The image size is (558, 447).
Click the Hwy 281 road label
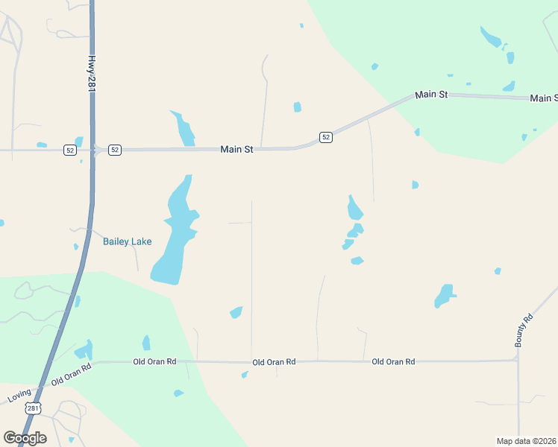(x=92, y=74)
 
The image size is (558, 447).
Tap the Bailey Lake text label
(x=127, y=241)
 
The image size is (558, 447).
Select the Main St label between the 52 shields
(x=236, y=150)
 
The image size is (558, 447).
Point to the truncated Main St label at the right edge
(x=543, y=98)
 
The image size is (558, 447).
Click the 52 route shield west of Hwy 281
(x=69, y=150)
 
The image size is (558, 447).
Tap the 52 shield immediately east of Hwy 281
(x=114, y=150)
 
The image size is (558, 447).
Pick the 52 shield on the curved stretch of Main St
(x=326, y=137)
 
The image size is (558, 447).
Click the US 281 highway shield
(x=33, y=408)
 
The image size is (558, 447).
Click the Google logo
(x=25, y=437)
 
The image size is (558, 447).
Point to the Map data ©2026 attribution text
(x=526, y=441)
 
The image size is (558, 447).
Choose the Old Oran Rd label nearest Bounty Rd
(x=393, y=361)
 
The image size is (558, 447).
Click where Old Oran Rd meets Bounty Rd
(x=517, y=361)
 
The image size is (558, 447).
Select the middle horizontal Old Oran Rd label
(x=274, y=362)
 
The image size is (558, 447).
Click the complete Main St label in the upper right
(x=431, y=95)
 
